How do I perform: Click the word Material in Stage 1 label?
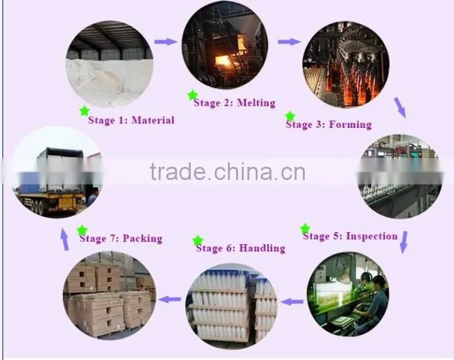pos(153,120)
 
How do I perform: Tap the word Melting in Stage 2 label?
pos(256,103)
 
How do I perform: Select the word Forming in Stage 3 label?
pos(350,125)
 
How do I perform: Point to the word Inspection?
pos(372,236)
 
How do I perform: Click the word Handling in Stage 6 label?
pos(263,249)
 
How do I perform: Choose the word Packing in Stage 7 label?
pos(142,239)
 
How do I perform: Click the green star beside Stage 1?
pos(84,111)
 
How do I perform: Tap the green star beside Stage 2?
pos(193,95)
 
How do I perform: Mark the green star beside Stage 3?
pos(290,116)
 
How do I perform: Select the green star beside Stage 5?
pos(305,228)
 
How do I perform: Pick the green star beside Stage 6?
pos(198,241)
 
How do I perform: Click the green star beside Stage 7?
pos(82,230)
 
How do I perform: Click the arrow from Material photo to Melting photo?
pos(166,42)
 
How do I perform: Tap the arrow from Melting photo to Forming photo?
pos(289,42)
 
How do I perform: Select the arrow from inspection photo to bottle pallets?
pos(292,302)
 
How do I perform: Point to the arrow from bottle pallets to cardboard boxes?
pos(170,299)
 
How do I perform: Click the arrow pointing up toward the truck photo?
pos(65,239)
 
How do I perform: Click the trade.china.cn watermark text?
pos(227,172)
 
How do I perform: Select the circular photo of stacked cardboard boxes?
pos(110,295)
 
